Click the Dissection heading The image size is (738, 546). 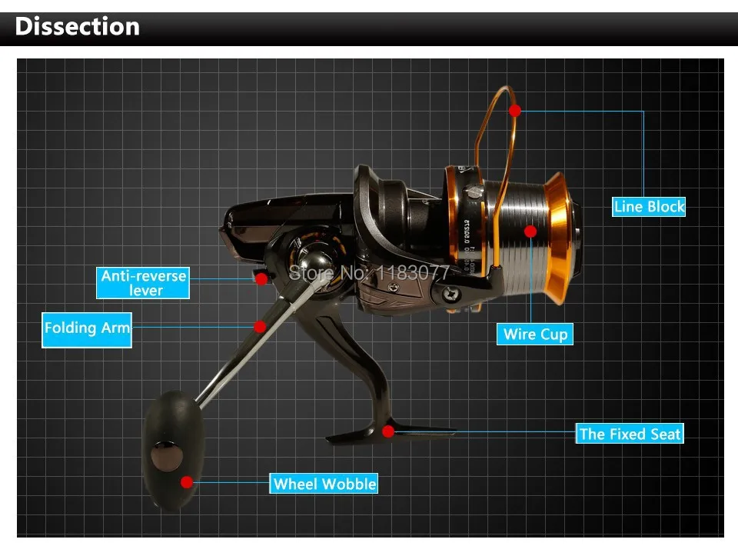pyautogui.click(x=77, y=26)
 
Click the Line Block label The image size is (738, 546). pyautogui.click(x=649, y=206)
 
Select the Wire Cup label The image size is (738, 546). pyautogui.click(x=535, y=334)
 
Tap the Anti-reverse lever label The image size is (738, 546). pyautogui.click(x=144, y=282)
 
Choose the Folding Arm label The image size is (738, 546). pyautogui.click(x=87, y=328)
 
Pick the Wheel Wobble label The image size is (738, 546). pyautogui.click(x=324, y=484)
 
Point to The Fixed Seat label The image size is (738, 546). pyautogui.click(x=630, y=434)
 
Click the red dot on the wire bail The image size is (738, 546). pyautogui.click(x=514, y=111)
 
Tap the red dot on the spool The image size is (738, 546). pyautogui.click(x=530, y=230)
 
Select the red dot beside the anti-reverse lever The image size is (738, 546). pyautogui.click(x=262, y=278)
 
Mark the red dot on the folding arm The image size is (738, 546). pyautogui.click(x=261, y=327)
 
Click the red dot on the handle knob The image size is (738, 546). pyautogui.click(x=187, y=482)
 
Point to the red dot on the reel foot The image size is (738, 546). pyautogui.click(x=388, y=431)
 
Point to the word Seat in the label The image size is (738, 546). pyautogui.click(x=666, y=434)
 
